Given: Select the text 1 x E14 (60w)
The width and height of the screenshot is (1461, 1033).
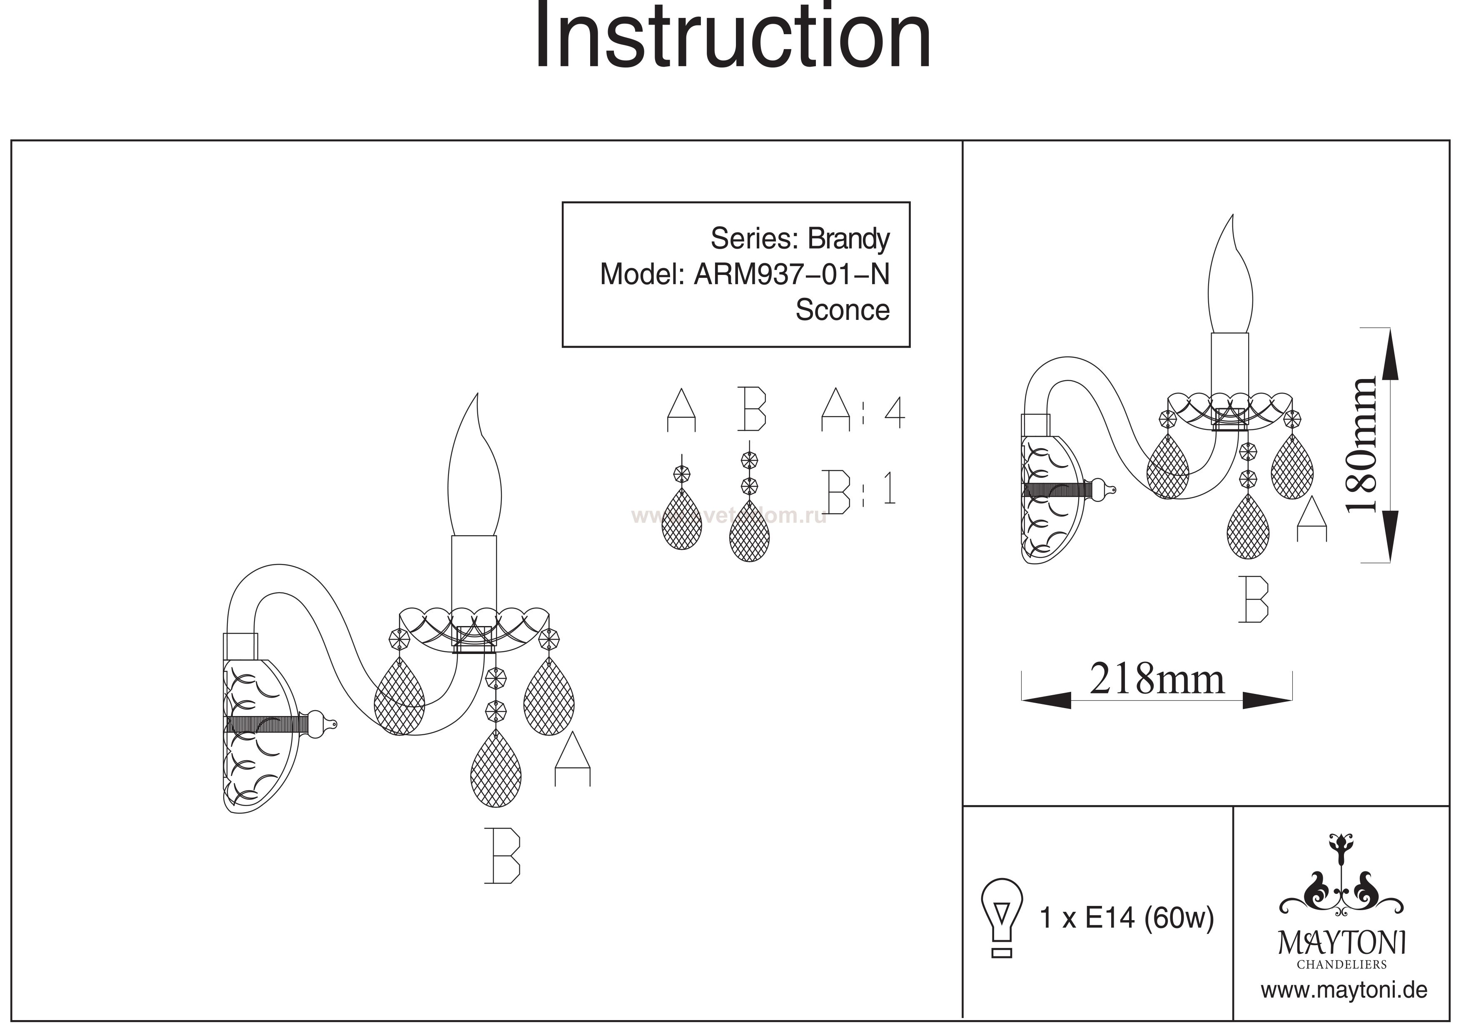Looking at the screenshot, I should pyautogui.click(x=1126, y=918).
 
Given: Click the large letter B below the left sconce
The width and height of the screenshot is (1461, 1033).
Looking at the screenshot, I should pyautogui.click(x=502, y=856).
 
